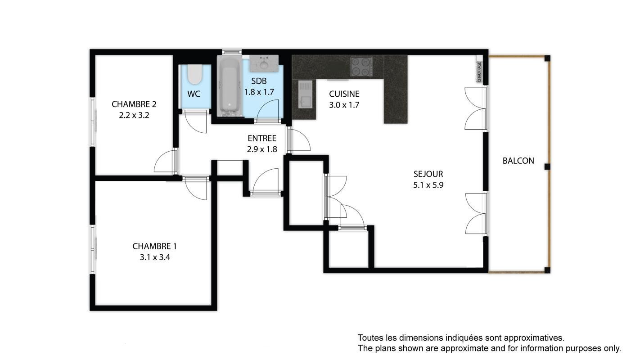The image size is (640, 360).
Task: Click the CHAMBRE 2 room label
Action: tap(134, 104)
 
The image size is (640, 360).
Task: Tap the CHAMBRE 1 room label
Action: tap(154, 246)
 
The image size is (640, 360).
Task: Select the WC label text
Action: tap(194, 94)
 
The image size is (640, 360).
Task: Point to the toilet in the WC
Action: tap(195, 74)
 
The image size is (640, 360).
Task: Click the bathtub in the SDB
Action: tap(230, 85)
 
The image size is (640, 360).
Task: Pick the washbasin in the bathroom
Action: tap(264, 63)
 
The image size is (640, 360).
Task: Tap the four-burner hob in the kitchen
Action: tap(362, 66)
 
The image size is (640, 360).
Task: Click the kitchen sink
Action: tap(305, 94)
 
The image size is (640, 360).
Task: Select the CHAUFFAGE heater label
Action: tap(479, 72)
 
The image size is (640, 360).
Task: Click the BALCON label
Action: tap(518, 161)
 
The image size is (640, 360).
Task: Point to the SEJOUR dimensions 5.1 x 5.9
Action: tap(428, 185)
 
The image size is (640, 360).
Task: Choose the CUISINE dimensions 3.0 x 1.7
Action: tap(344, 105)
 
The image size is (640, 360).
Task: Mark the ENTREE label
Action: tap(262, 138)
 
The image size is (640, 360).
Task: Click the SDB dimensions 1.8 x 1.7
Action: tap(259, 92)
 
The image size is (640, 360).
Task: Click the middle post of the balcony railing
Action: tap(547, 166)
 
